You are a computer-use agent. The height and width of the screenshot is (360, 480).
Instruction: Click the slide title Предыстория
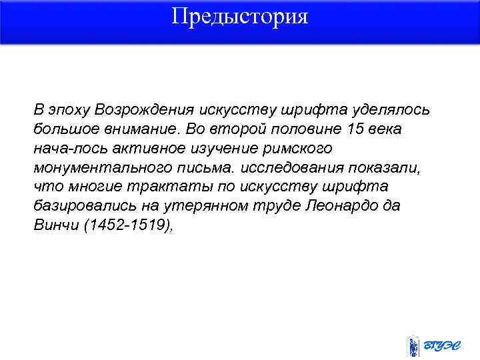pos(239,16)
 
